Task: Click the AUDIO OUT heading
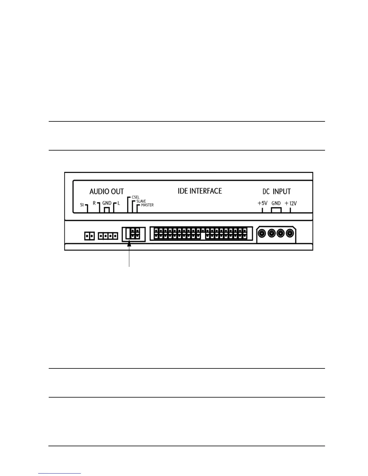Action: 106,191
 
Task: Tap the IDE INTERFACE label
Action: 200,191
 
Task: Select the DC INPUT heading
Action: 277,191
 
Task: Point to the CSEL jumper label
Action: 135,197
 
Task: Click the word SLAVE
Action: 141,201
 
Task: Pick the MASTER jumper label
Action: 147,205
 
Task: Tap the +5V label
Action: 262,203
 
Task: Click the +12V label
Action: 291,203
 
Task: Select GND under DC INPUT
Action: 276,203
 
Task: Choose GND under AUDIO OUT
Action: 107,203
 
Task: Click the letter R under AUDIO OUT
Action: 94,203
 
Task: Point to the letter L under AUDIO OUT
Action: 119,203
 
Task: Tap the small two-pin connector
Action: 89,236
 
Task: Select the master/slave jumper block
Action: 134,234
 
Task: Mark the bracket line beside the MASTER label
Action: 137,209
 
